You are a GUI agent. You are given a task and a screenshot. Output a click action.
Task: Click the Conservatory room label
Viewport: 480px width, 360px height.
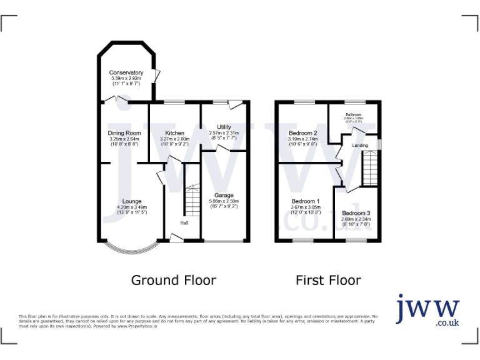point(126,72)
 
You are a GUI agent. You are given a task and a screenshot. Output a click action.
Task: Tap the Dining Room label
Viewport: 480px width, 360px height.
point(124,133)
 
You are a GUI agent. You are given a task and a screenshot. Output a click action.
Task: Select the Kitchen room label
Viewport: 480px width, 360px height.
point(174,133)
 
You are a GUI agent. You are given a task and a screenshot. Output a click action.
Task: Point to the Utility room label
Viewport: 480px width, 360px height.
point(224,127)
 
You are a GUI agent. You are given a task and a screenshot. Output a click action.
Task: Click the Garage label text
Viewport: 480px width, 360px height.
point(224,195)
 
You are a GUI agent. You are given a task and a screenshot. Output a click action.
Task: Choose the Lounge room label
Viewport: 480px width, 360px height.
point(132,202)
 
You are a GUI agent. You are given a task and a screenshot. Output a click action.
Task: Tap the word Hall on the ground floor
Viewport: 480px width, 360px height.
point(184,223)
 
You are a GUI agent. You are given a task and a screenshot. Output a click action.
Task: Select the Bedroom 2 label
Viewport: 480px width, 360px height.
point(303,133)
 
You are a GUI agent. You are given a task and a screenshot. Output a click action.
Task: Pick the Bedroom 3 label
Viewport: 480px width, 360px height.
point(356,214)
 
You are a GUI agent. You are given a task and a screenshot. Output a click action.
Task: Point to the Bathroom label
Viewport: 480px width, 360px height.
point(354,114)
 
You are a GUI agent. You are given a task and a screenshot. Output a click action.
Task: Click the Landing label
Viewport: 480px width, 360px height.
point(360,146)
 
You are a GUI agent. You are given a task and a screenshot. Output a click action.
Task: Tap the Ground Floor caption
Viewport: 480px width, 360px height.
point(173,280)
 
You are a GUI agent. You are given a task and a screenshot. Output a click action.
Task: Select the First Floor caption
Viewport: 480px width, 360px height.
point(328,280)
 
